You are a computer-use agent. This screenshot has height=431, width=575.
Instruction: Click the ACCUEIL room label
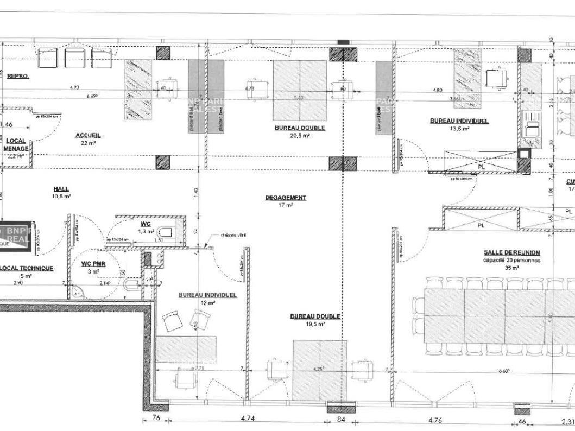89,136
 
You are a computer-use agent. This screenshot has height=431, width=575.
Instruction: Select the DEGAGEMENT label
286,198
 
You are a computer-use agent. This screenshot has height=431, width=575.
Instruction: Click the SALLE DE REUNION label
511,252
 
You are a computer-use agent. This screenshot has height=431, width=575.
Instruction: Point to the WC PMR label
93,264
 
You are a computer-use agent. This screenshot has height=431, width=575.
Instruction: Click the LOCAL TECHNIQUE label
27,268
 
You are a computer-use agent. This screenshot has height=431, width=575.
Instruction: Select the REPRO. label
17,77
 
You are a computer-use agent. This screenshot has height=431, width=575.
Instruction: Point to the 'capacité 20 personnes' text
511,260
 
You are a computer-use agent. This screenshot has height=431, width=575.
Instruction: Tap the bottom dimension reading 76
155,419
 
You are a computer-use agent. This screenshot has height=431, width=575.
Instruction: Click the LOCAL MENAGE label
16,144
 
